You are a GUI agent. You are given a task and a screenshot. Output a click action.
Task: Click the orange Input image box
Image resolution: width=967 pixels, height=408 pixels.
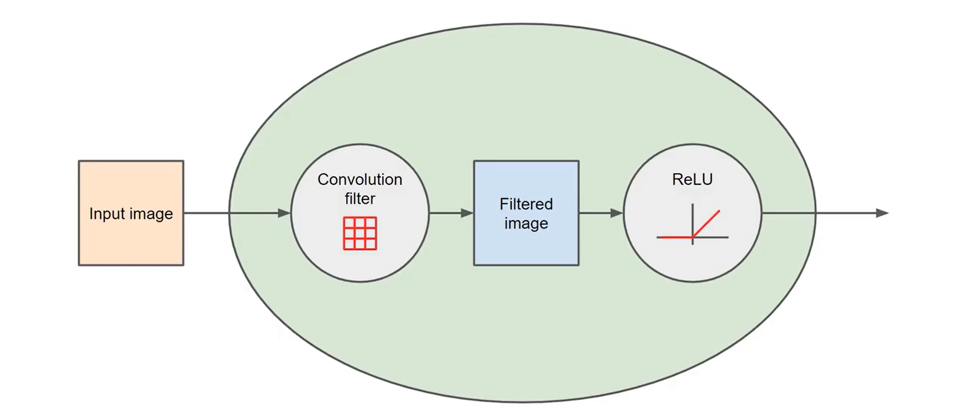(x=131, y=213)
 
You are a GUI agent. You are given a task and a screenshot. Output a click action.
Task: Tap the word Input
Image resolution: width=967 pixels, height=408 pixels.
(x=105, y=214)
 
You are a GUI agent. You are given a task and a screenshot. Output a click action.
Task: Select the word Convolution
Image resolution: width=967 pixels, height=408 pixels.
(x=360, y=179)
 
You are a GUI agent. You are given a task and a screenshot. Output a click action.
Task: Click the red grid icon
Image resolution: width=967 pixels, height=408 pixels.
(x=360, y=233)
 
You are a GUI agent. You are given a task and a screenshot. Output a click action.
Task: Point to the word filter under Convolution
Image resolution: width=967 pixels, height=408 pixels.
(x=360, y=199)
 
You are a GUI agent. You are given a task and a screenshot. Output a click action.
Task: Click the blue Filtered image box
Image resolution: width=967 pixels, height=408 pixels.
(x=526, y=213)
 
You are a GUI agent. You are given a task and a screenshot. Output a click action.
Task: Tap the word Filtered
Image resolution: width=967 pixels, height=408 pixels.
(x=526, y=204)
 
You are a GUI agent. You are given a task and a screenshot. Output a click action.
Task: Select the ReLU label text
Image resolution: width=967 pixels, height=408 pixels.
(x=692, y=179)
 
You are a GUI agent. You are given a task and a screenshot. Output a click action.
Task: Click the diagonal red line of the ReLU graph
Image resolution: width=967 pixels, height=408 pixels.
(x=706, y=224)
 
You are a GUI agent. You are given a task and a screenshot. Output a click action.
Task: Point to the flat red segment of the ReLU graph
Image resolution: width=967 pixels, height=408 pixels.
(x=677, y=237)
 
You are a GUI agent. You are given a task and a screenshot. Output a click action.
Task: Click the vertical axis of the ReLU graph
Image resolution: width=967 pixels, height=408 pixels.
(x=692, y=224)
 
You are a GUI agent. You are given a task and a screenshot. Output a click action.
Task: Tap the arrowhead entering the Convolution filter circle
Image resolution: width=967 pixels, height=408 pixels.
(x=284, y=213)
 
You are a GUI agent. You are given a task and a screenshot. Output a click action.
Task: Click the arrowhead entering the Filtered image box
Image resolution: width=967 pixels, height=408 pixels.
(x=467, y=213)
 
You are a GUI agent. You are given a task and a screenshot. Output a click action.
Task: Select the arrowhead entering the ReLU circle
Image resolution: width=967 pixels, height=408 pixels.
(x=616, y=213)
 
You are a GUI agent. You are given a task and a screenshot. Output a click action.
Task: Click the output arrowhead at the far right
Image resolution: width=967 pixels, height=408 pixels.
(x=882, y=213)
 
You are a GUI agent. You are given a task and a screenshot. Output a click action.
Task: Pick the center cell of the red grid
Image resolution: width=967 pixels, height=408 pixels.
(x=360, y=233)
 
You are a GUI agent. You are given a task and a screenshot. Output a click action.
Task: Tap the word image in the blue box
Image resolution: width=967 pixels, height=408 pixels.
(x=526, y=224)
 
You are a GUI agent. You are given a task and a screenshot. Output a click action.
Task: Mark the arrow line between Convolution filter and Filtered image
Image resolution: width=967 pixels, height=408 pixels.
(x=451, y=213)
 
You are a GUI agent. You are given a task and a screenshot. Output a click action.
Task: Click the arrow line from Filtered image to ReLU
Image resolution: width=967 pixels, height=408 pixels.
(x=601, y=213)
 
